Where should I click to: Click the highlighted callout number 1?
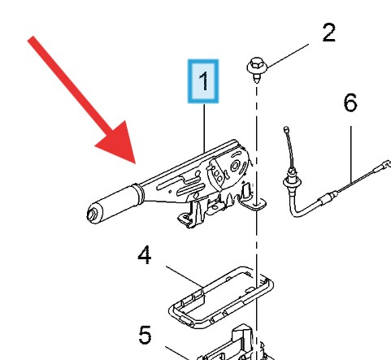(x=204, y=80)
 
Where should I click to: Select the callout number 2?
(x=329, y=33)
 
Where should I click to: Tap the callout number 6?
(x=350, y=102)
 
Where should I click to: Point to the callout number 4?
(x=144, y=254)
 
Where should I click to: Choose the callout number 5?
(x=145, y=335)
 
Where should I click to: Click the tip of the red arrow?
(x=135, y=163)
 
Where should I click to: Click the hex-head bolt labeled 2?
(x=257, y=69)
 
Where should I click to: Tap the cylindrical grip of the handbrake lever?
(x=114, y=204)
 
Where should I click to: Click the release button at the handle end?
(x=91, y=215)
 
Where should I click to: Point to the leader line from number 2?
(x=288, y=55)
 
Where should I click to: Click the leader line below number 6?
(x=351, y=154)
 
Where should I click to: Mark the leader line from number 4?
(x=185, y=276)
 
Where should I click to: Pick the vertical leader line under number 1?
(x=204, y=128)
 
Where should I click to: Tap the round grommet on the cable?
(x=292, y=182)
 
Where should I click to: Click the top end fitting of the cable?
(x=286, y=129)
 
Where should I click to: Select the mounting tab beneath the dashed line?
(x=254, y=204)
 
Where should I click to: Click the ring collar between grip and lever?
(x=138, y=193)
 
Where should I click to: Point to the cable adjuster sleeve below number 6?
(x=328, y=198)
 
